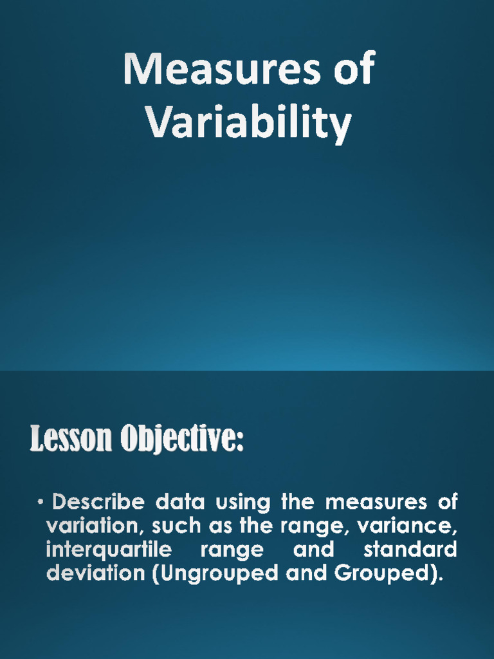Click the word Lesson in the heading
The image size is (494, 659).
(71, 438)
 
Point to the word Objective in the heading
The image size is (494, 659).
(182, 439)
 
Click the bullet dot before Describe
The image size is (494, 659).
(41, 501)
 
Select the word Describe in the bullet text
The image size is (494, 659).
(98, 502)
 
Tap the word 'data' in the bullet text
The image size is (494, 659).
(180, 502)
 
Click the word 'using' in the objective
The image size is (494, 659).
(243, 503)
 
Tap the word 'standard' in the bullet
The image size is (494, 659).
(410, 550)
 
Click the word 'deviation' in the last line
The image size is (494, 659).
(95, 573)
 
